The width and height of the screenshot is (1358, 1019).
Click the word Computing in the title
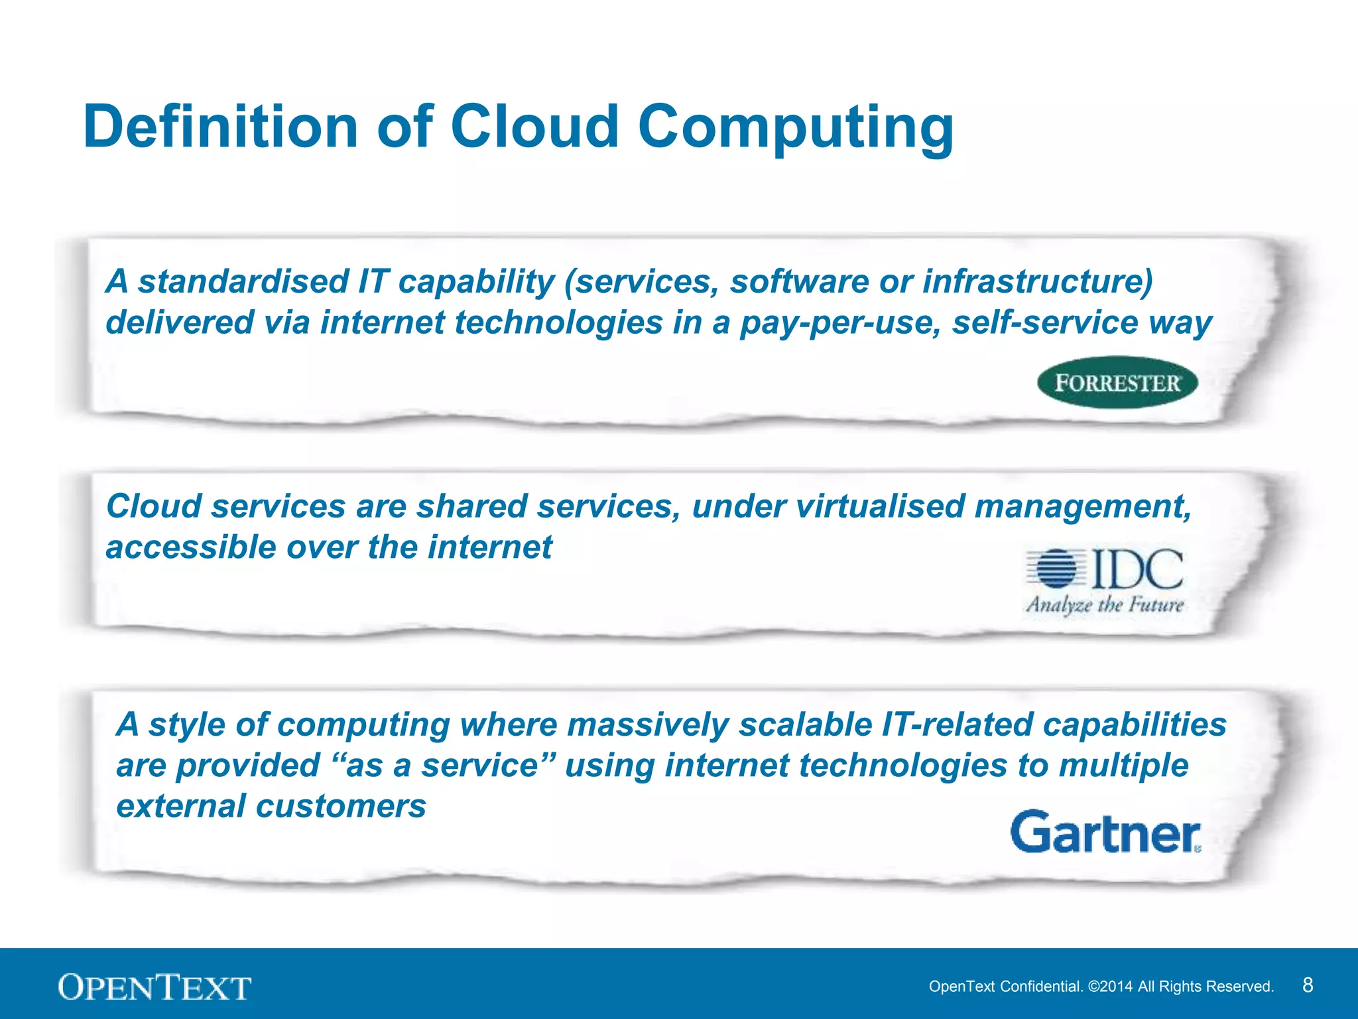coord(796,127)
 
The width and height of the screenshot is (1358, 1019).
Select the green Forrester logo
coord(1117,383)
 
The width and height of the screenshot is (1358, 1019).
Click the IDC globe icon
coord(1056,569)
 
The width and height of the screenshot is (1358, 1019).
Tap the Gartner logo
coord(1105,831)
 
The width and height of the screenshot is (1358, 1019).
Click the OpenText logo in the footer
coord(154,987)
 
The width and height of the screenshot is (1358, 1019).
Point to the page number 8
coord(1308,985)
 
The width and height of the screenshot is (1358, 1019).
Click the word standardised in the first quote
coord(243,281)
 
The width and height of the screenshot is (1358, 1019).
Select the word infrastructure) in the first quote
coord(1038,281)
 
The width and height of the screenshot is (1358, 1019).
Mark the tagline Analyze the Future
coord(1105,605)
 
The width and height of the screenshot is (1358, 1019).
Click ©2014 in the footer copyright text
coord(1111,986)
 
